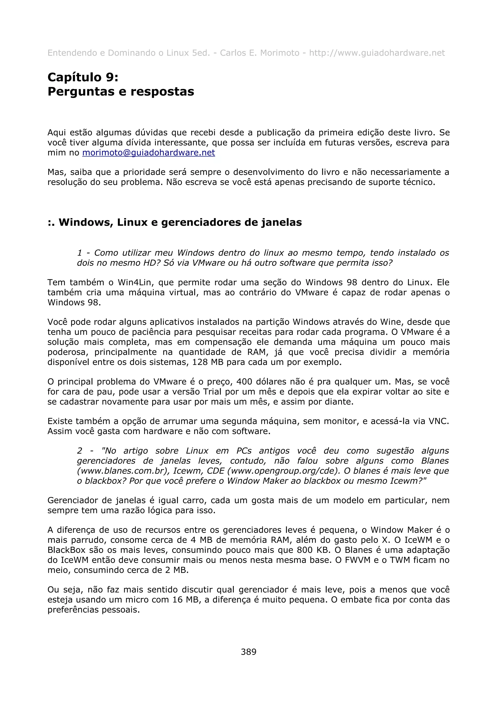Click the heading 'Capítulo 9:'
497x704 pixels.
click(83, 77)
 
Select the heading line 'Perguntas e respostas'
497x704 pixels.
click(121, 92)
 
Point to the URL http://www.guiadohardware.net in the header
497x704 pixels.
click(377, 53)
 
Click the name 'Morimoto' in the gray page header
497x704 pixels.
click(280, 53)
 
